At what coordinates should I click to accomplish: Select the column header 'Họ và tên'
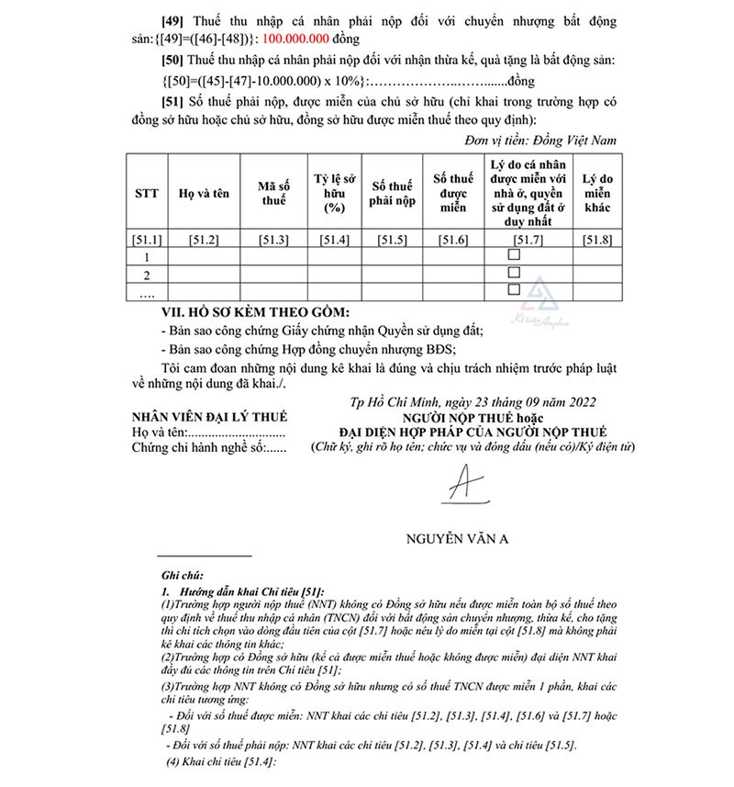point(204,194)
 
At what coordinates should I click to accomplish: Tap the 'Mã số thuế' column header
point(274,194)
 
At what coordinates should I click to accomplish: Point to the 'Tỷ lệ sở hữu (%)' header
point(334,194)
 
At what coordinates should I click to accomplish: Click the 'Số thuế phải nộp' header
point(393,194)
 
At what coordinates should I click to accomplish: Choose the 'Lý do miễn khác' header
point(597,194)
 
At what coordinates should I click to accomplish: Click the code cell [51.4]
point(334,241)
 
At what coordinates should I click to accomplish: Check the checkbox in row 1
point(514,255)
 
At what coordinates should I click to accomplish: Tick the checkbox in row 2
point(514,273)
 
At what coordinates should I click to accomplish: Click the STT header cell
point(147,194)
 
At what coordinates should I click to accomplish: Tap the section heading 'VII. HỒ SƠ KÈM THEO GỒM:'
point(235,312)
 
